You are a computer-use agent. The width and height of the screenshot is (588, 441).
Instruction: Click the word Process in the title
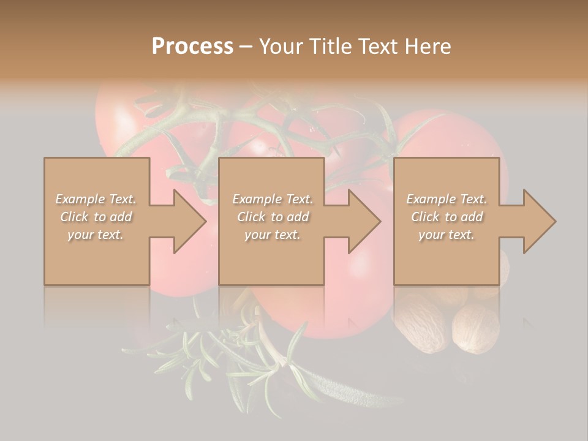(x=192, y=47)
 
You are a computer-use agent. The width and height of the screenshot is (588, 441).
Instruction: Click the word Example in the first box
(x=80, y=199)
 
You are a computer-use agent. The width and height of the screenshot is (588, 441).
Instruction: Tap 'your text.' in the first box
(x=96, y=235)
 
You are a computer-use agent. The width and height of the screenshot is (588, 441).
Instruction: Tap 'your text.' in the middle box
(x=272, y=235)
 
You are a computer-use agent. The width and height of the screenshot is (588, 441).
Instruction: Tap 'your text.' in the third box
(x=447, y=235)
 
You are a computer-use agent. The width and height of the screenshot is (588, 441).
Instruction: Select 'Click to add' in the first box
(x=96, y=217)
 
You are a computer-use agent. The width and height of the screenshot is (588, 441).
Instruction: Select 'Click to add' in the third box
(x=447, y=217)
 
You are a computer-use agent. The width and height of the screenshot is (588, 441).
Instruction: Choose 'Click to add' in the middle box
(x=272, y=217)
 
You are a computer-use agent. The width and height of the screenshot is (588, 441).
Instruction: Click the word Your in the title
(x=279, y=47)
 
